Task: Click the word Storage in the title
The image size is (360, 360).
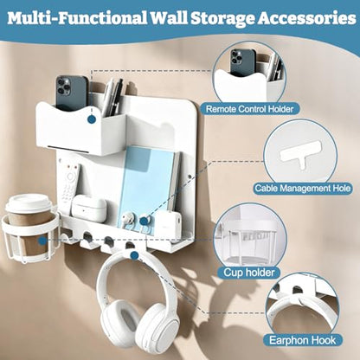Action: [222, 19]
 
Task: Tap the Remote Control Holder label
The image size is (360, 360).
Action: [249, 109]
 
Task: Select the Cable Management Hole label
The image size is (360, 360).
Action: [303, 189]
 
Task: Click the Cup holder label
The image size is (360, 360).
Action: [249, 272]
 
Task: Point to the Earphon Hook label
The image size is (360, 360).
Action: [302, 340]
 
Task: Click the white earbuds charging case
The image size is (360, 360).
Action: [88, 207]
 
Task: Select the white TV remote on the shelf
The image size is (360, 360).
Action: [69, 184]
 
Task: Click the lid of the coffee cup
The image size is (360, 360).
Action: [29, 203]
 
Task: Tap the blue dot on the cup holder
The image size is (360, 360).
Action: [43, 241]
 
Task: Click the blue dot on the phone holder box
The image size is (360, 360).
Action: [92, 119]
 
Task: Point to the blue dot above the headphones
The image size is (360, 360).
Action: [134, 255]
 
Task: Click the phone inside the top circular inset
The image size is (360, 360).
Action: [242, 63]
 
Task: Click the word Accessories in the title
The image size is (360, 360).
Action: [306, 18]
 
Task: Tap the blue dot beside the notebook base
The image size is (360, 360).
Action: [144, 222]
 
